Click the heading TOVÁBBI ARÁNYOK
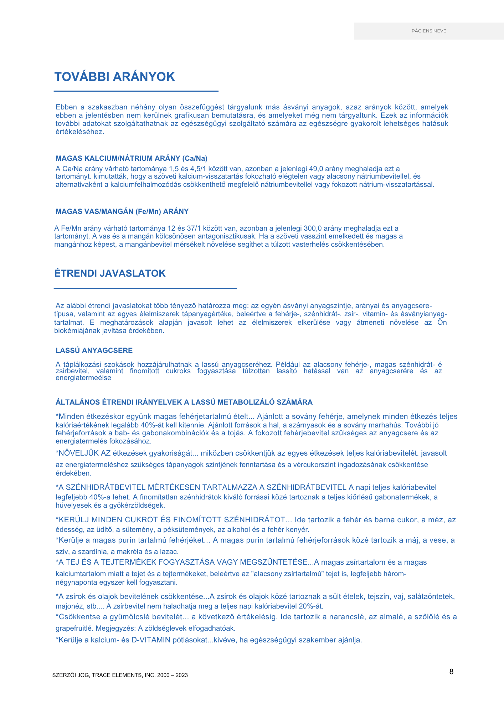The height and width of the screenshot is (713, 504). click(114, 77)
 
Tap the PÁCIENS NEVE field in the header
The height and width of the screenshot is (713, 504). click(428, 31)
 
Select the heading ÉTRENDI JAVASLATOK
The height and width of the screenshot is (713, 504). click(110, 273)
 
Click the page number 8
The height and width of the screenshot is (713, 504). click(451, 672)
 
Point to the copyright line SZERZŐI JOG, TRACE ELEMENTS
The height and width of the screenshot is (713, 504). click(120, 675)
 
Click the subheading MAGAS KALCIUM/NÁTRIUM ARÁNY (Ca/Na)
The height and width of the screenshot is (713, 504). click(132, 158)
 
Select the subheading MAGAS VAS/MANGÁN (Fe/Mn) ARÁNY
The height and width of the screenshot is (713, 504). click(122, 211)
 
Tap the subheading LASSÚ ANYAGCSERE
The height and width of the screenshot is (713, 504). click(94, 350)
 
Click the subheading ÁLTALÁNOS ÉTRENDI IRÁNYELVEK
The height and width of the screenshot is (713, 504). click(184, 402)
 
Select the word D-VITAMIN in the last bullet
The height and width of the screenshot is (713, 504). click(151, 640)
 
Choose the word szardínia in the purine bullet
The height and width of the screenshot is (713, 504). click(93, 552)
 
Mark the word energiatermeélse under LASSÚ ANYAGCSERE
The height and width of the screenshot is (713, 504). click(83, 378)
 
